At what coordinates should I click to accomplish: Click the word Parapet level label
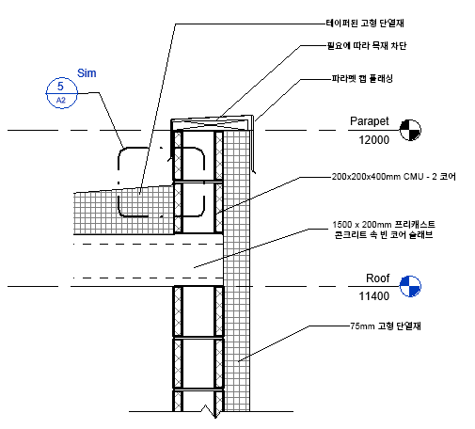click(x=370, y=121)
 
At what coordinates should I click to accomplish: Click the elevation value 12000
click(x=374, y=140)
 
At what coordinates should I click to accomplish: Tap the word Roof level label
click(x=378, y=278)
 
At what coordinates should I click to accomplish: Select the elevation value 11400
click(x=374, y=296)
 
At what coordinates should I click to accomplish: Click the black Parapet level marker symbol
click(x=410, y=130)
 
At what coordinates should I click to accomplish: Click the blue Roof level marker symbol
click(x=410, y=286)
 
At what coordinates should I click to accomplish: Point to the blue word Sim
click(x=87, y=73)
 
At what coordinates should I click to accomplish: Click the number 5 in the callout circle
click(x=60, y=86)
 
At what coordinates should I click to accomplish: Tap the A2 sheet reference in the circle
click(x=61, y=101)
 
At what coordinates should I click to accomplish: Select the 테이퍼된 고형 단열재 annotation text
click(x=365, y=24)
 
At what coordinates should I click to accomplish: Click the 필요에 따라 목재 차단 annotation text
click(x=367, y=46)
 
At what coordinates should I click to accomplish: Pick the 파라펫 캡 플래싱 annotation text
click(x=362, y=78)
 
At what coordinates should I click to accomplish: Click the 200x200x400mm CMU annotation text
click(x=393, y=177)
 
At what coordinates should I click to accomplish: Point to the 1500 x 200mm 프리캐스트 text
click(x=384, y=225)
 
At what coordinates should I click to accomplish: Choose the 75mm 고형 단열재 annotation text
click(x=386, y=326)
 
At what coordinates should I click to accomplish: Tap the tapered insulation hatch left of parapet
click(x=123, y=211)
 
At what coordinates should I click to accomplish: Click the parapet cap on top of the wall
click(x=212, y=123)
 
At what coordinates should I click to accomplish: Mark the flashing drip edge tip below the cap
click(x=254, y=172)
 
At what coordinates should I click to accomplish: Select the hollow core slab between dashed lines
click(x=148, y=261)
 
